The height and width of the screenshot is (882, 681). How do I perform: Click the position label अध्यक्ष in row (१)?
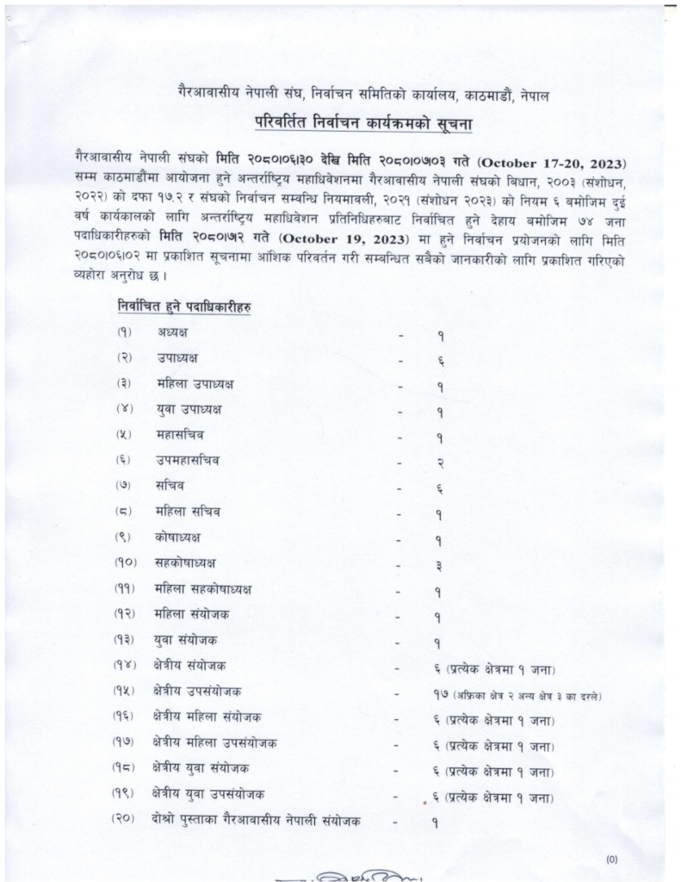(x=172, y=332)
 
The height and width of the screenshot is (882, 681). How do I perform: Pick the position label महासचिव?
(x=181, y=434)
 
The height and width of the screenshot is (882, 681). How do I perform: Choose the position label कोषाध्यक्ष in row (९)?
(x=179, y=537)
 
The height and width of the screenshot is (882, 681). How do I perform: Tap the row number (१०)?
(x=124, y=563)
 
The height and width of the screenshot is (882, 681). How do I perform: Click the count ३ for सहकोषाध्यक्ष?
(x=439, y=566)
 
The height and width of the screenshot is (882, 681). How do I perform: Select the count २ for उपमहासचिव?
(x=439, y=462)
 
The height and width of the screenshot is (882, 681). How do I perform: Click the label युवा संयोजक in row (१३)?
(x=187, y=640)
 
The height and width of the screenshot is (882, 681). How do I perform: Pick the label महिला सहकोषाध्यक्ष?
(x=206, y=589)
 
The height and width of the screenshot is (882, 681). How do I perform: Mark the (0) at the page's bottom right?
(x=612, y=858)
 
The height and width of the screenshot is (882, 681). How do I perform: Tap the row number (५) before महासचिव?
(x=123, y=434)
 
